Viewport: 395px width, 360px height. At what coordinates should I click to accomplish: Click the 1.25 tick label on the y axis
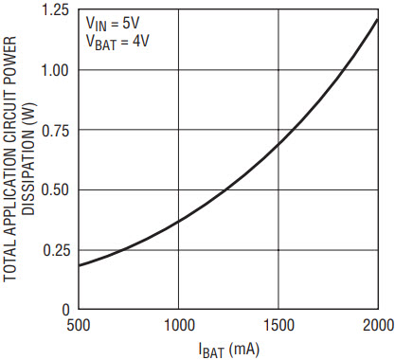click(55, 10)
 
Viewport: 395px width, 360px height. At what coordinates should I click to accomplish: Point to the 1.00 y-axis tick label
click(55, 70)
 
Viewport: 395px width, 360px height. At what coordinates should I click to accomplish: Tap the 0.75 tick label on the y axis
click(55, 130)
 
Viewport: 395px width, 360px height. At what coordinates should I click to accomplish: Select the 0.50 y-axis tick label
click(55, 190)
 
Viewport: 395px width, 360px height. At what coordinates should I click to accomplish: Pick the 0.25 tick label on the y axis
click(55, 250)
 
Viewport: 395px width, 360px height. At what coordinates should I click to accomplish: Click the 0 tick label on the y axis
click(65, 310)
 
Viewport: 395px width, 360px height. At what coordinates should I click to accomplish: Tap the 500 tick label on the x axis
click(79, 325)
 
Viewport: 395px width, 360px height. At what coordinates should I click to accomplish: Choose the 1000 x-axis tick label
click(179, 325)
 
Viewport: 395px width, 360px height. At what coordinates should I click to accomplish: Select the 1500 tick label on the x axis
click(279, 325)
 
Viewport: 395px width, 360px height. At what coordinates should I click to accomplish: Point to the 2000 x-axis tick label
click(378, 325)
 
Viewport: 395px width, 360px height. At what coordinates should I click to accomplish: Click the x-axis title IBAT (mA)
click(229, 350)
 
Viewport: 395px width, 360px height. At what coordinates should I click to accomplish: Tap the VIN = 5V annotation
click(113, 24)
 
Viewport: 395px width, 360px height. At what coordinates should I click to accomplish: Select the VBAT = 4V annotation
click(117, 43)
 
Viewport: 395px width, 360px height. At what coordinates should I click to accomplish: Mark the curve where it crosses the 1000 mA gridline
click(179, 222)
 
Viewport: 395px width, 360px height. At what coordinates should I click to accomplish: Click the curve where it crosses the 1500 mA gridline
click(278, 144)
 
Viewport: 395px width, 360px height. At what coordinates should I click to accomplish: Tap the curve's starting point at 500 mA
click(79, 265)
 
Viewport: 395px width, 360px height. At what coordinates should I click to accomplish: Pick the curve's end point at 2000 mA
click(377, 20)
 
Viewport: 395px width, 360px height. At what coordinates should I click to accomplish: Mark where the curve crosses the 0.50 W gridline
click(225, 189)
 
